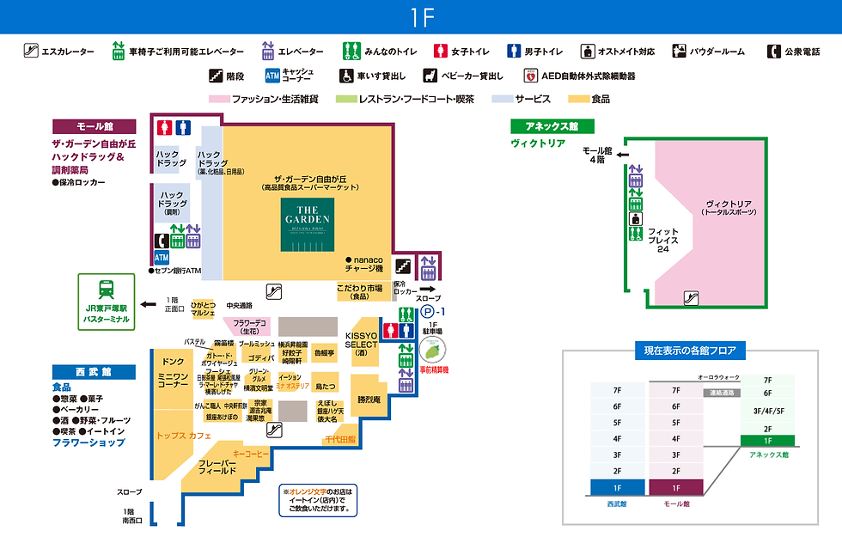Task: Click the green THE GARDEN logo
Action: [x=308, y=224]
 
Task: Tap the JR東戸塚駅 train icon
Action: [x=107, y=290]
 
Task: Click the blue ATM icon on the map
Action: [x=162, y=257]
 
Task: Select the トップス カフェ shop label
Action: [x=184, y=436]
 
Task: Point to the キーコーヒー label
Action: [x=251, y=453]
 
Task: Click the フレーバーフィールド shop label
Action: [x=217, y=467]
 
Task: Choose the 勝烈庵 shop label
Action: [x=375, y=400]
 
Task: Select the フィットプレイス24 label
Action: [x=662, y=240]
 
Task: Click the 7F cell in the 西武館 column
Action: [x=617, y=389]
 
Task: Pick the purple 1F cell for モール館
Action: [x=675, y=487]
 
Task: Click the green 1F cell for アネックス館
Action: [x=767, y=440]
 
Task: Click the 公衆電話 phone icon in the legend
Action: [x=772, y=52]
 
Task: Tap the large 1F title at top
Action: [x=421, y=17]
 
